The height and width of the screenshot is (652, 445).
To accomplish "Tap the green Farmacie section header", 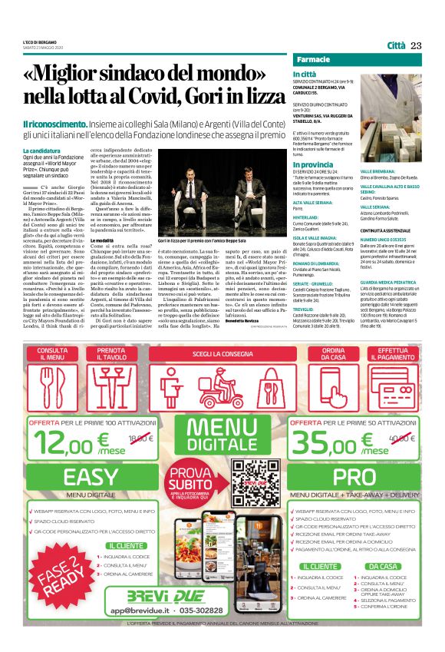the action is click(315, 60).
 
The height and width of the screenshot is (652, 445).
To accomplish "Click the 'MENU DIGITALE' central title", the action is click(222, 433).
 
